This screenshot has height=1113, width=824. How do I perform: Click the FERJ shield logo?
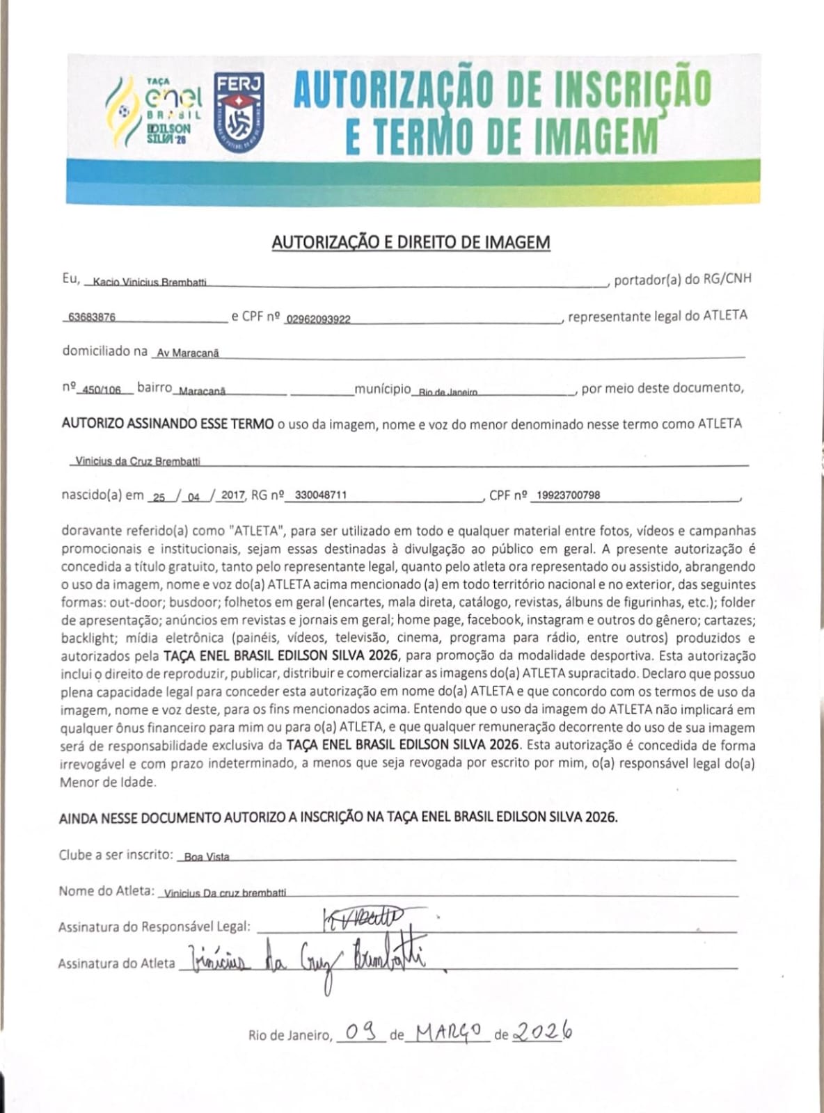click(x=239, y=108)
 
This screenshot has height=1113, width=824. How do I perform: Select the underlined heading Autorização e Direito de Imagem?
click(x=411, y=242)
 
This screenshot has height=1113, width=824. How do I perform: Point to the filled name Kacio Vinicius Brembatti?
click(x=150, y=282)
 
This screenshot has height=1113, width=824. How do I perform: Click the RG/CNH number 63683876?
click(x=92, y=317)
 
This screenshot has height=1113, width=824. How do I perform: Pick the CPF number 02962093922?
click(x=319, y=319)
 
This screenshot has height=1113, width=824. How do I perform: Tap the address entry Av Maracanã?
click(x=188, y=353)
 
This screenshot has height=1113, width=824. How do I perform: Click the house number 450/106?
click(x=102, y=390)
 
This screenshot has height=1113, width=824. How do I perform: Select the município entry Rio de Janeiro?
click(x=448, y=392)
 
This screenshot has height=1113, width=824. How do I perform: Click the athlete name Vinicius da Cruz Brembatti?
click(x=138, y=461)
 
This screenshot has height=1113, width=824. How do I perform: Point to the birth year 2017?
click(x=233, y=495)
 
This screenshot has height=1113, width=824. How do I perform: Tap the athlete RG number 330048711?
click(x=321, y=495)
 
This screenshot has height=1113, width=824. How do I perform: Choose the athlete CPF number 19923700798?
click(x=569, y=495)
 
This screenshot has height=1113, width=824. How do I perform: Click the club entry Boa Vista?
click(x=207, y=857)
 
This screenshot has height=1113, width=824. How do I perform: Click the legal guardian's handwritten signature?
click(x=363, y=920)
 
